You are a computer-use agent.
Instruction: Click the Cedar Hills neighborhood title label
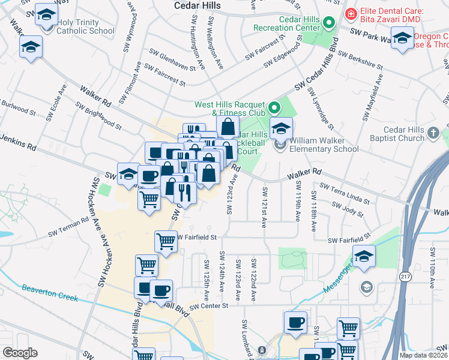[x=197, y=5]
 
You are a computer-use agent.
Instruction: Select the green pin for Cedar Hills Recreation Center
[x=328, y=23]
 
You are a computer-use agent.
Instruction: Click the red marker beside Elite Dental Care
[x=350, y=11]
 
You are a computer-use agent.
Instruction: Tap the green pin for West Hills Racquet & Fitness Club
[x=274, y=108]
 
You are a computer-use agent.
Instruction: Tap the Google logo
[x=20, y=352]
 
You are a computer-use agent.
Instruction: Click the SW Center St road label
[x=211, y=305]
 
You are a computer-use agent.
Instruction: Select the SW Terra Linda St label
[x=343, y=193]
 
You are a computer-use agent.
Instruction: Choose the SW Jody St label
[x=346, y=208]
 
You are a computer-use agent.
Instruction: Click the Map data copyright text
[x=424, y=355]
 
